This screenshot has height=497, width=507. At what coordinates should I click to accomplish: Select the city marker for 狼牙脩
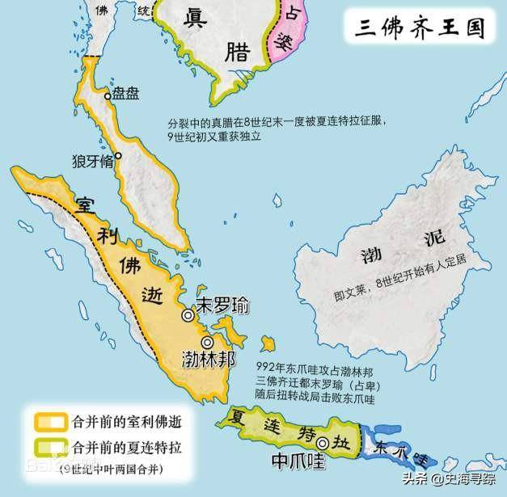pos(118,155)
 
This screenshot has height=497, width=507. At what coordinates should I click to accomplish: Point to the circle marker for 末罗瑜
pos(188,315)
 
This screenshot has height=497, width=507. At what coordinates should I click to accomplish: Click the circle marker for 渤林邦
pos(208,343)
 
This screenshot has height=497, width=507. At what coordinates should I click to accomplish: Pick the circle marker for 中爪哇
pos(323,443)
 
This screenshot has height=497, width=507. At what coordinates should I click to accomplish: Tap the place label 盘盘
pos(126,93)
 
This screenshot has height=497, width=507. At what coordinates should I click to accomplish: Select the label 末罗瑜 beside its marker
pos(222,306)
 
